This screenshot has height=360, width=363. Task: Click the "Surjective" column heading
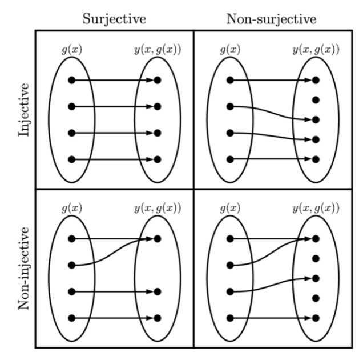[114, 18]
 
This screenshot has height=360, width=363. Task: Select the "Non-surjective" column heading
[271, 18]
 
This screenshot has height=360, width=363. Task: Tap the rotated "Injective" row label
[24, 109]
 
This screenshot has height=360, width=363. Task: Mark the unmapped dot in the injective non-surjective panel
[316, 100]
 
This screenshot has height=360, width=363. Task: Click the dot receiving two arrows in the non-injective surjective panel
[158, 239]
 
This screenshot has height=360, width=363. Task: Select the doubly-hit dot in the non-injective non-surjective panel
[316, 239]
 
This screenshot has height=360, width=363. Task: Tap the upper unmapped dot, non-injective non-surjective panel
[316, 259]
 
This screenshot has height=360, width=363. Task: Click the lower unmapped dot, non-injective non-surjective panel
[316, 298]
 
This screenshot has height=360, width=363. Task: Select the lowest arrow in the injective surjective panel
[114, 159]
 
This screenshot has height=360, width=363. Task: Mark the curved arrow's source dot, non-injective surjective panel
[71, 265]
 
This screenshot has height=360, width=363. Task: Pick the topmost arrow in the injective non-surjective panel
[272, 81]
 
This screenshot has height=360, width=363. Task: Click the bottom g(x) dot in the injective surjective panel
[71, 159]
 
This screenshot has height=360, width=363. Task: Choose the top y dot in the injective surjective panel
[158, 81]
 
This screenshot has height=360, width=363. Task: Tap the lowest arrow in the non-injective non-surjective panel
[272, 318]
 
